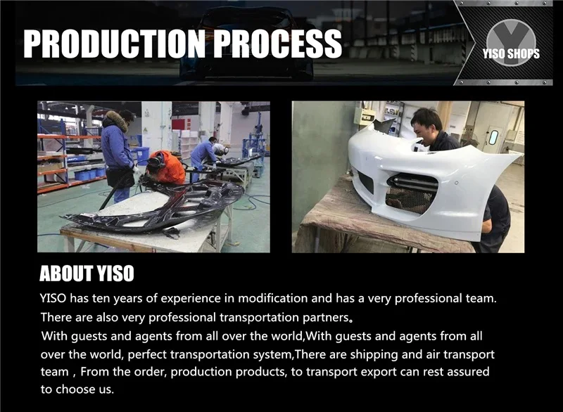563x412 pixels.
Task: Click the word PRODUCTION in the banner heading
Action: [x=114, y=44]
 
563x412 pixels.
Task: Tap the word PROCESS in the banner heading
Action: [x=277, y=44]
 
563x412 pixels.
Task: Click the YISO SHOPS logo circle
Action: [x=511, y=43]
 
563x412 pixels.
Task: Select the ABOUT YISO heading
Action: [x=87, y=273]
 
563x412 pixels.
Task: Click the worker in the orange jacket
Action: [x=166, y=168]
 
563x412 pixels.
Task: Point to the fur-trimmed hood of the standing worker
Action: [x=115, y=120]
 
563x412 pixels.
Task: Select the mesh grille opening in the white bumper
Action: [x=412, y=193]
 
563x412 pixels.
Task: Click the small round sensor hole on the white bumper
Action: [x=456, y=184]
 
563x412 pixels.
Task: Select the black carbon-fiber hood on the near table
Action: [x=154, y=208]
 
